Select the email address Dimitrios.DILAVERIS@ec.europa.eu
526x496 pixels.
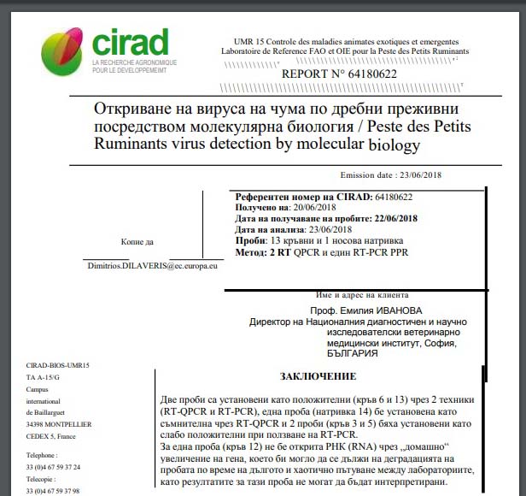(x=153, y=267)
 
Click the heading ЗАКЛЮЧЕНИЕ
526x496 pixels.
(x=319, y=376)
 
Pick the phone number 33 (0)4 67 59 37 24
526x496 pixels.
(x=53, y=467)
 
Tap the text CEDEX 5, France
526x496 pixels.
(x=53, y=436)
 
